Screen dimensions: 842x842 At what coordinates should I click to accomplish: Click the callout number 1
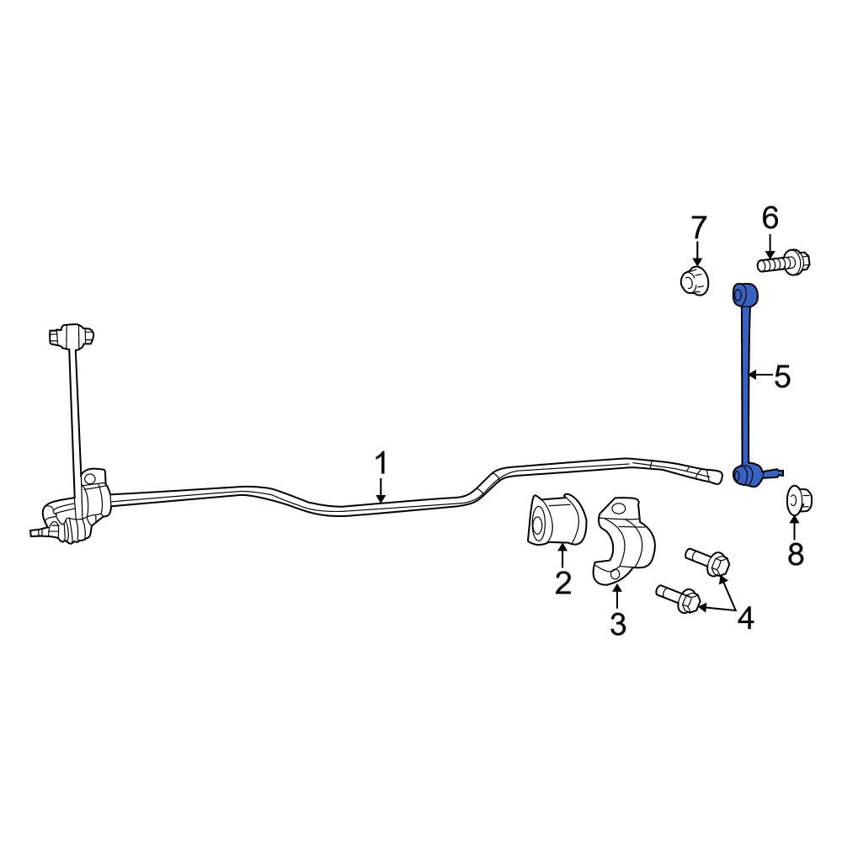381,464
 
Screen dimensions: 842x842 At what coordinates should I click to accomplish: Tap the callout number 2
562,582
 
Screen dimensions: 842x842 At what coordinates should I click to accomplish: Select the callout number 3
617,624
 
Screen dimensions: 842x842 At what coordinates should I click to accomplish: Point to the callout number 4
745,618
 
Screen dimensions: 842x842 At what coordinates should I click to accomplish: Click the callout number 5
782,376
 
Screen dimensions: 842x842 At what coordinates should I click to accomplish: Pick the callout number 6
770,219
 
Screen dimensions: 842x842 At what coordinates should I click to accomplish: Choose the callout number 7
698,227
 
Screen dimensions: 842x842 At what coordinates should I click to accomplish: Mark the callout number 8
796,554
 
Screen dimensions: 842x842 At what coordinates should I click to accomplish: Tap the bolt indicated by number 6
784,263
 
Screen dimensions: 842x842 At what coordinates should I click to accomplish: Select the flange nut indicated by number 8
799,500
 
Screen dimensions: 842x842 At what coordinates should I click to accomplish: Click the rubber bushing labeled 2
555,520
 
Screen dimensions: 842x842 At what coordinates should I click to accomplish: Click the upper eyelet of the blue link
745,294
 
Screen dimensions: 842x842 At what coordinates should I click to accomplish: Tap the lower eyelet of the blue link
744,474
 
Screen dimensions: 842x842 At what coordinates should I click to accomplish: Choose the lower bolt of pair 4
678,599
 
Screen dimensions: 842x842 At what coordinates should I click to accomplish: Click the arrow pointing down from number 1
381,490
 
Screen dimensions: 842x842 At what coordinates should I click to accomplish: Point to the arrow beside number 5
760,375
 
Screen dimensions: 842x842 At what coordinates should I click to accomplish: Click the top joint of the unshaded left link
71,335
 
